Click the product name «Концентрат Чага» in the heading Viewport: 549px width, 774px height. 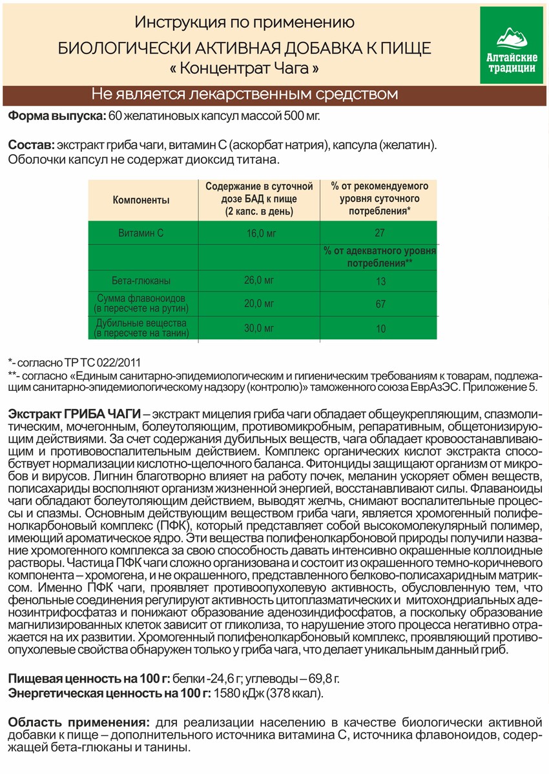244,67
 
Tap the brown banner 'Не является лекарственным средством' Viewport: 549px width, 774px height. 244,94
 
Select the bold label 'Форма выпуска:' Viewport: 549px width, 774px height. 55,116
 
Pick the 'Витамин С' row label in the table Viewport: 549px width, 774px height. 141,233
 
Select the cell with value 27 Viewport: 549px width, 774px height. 380,233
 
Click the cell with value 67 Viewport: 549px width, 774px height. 380,304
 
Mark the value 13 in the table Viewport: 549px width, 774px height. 380,281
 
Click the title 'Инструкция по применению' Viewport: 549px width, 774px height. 244,23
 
